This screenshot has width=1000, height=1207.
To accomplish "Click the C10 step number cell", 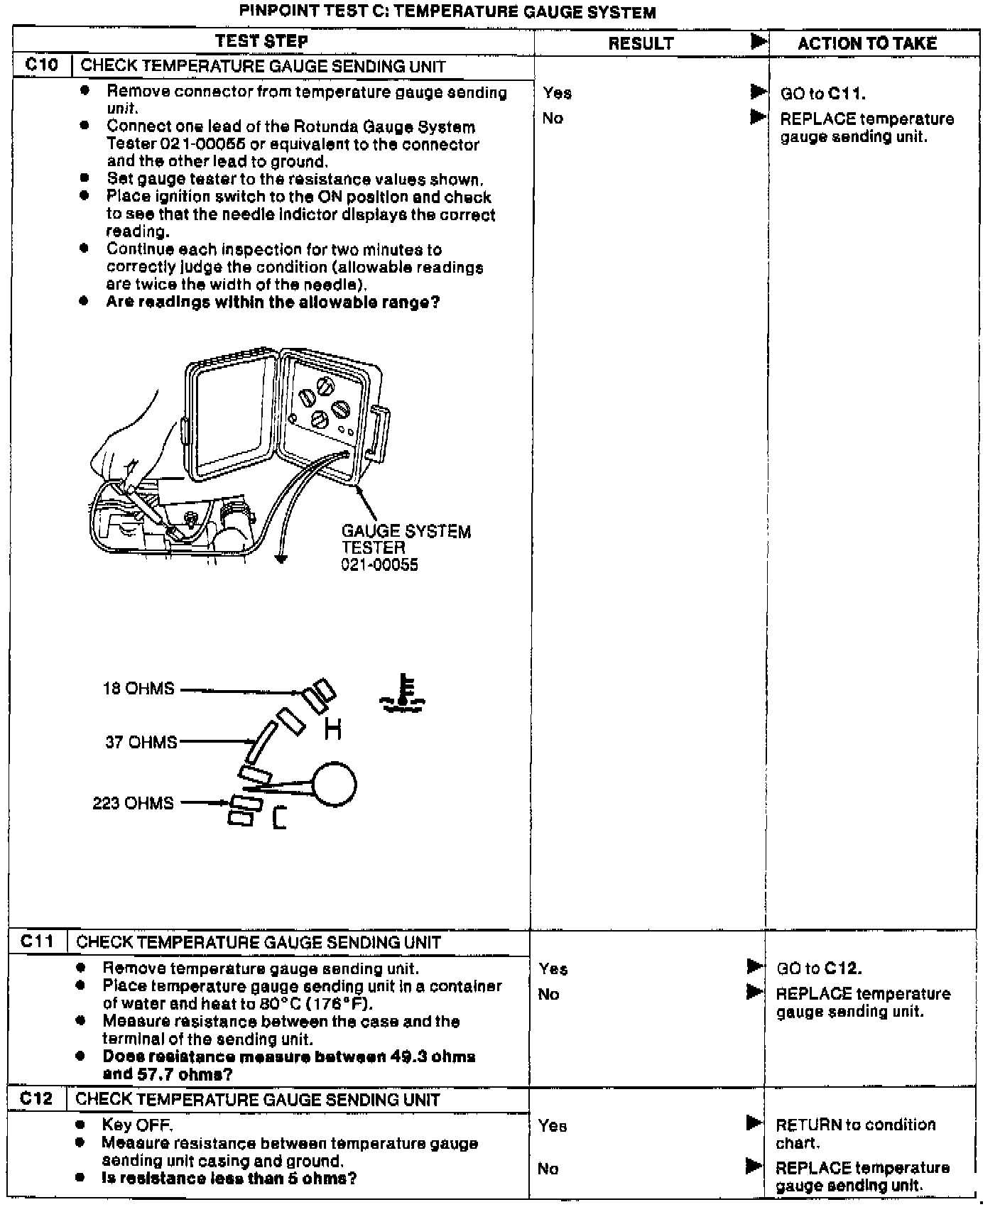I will click(x=42, y=65).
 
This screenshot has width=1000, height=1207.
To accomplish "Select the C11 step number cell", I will click(x=37, y=941).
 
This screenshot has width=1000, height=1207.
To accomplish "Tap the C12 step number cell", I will click(x=36, y=1098).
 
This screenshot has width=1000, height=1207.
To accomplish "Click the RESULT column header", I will click(x=641, y=43).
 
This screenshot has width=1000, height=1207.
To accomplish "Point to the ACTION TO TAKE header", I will click(x=866, y=43).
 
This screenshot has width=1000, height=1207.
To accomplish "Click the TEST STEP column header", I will click(x=261, y=41).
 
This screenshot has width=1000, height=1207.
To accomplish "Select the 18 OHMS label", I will click(x=138, y=689).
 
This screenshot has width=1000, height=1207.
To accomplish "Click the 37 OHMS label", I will click(x=141, y=742).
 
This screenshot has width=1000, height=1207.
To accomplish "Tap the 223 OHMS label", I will click(x=133, y=803).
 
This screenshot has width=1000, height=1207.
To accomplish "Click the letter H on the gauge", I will click(x=332, y=728).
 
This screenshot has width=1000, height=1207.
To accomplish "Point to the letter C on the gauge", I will click(x=279, y=819).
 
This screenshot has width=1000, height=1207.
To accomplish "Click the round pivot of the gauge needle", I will click(x=334, y=785).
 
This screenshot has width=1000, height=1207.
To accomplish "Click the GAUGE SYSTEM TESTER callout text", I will click(x=406, y=547).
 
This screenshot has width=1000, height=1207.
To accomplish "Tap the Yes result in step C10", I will click(x=558, y=92).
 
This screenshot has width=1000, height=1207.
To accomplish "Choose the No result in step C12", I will click(x=548, y=1169).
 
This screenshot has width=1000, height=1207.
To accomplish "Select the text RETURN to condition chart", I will click(x=855, y=1133).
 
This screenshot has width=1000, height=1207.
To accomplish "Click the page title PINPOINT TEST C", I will click(x=447, y=12).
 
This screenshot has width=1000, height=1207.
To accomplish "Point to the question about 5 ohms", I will click(x=229, y=1179).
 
